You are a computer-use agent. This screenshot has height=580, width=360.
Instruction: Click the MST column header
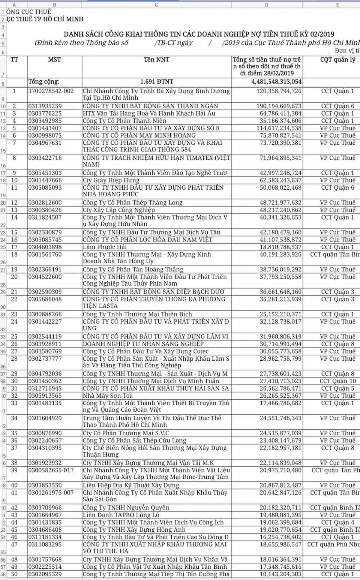pos(54,60)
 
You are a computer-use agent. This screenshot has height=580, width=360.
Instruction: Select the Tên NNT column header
pos(156,60)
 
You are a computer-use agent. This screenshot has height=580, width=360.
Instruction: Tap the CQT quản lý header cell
pos(337,60)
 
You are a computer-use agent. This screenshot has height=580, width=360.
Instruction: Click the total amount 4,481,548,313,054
pos(276,82)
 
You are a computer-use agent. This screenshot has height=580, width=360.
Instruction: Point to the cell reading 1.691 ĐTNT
pos(156,82)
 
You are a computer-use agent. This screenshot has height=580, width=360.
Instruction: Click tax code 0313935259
pos(45,106)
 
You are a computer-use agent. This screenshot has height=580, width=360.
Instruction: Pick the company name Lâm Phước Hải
pos(105,247)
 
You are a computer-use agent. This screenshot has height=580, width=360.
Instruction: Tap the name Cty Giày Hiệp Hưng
pos(111,180)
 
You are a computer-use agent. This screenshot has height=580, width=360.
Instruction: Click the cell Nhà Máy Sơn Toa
pos(108,396)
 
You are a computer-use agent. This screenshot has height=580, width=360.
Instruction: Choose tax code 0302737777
pos(45,359)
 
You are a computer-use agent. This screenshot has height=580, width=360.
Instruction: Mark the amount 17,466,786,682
pos(280,403)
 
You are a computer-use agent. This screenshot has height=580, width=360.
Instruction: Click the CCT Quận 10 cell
pos(337,381)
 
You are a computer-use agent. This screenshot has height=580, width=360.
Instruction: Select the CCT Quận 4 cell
pos(337,522)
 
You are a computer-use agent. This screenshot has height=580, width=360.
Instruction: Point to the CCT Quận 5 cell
pos(337,388)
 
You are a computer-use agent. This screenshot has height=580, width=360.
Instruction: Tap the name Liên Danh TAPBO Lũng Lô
pos(116,515)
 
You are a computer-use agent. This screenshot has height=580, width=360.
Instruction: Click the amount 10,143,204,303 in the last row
pos(280,574)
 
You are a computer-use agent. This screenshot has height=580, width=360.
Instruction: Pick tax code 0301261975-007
pos(51,493)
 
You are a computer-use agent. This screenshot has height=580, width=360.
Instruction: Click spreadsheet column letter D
pos(267,5)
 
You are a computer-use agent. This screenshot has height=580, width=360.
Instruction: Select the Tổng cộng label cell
pos(44,82)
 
